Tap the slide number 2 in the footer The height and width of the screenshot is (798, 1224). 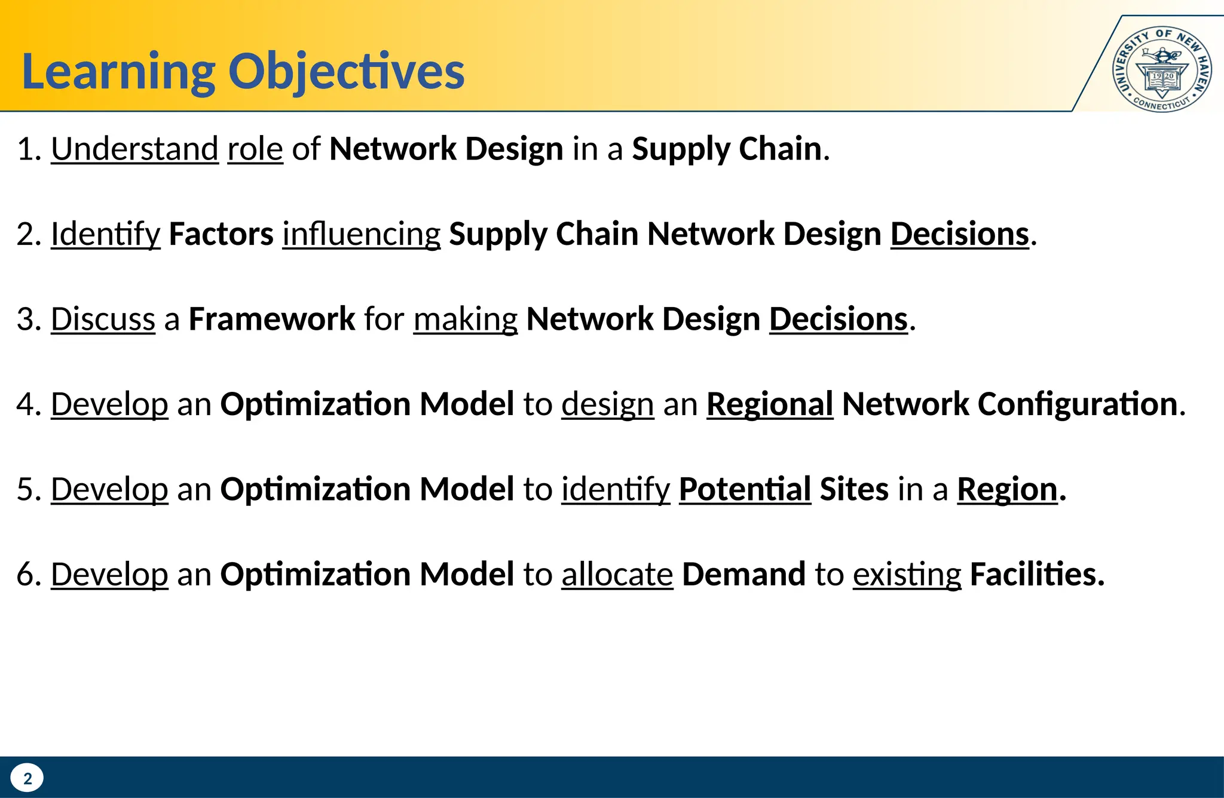tap(27, 778)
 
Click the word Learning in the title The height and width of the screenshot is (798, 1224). tap(118, 72)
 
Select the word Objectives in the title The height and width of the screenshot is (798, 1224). tap(346, 72)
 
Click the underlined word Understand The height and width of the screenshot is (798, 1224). tap(134, 149)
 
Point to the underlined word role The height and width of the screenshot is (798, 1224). tap(255, 149)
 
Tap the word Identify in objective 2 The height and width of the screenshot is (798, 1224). tap(105, 234)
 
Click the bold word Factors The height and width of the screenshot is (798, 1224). tap(221, 234)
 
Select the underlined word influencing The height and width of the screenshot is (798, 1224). tap(362, 234)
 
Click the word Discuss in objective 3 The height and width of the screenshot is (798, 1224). tap(103, 319)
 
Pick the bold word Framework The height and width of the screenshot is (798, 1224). tap(272, 319)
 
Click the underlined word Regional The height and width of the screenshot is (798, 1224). tap(770, 404)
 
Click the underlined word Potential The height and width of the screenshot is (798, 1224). tap(745, 490)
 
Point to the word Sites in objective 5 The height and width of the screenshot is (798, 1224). tap(854, 490)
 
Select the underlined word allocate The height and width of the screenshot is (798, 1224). tap(617, 575)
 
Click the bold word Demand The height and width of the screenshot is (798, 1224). tap(743, 575)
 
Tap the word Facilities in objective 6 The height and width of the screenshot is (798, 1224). tap(1036, 575)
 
